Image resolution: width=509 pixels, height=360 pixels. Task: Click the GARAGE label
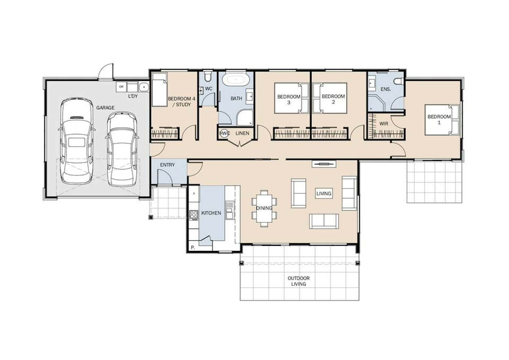105,108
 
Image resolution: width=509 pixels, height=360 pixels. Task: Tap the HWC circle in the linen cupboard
224,133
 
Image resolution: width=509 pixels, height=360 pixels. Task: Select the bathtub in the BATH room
236,80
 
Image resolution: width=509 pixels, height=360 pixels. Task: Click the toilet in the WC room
208,77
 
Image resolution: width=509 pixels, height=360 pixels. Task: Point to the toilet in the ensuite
399,81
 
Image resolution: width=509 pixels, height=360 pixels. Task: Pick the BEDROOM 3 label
289,99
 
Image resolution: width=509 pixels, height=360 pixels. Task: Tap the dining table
264,208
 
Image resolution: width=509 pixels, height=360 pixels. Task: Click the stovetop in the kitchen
194,215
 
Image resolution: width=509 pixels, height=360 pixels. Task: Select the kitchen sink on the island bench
229,210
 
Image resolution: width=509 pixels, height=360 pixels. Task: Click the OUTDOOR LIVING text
299,281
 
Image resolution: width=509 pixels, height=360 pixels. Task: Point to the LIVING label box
324,194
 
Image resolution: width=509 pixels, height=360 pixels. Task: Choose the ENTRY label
167,165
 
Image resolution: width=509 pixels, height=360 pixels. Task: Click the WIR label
383,124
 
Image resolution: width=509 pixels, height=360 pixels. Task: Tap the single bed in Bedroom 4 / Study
160,89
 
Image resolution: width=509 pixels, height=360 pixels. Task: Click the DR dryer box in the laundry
121,87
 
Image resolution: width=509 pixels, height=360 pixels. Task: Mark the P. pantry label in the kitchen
193,248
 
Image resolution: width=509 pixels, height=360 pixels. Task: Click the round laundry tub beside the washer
143,87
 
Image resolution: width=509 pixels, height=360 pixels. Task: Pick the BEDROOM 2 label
333,99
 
